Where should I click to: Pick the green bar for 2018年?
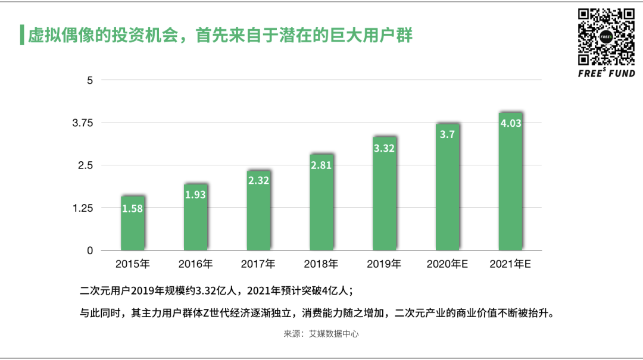tap(321, 208)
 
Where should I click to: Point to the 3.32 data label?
tap(385, 148)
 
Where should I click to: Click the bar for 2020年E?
tap(448, 190)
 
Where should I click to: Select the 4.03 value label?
tap(511, 124)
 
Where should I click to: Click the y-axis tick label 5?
tap(90, 80)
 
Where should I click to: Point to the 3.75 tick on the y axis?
tap(83, 123)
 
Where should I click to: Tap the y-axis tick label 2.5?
tap(87, 165)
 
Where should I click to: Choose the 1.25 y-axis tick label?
tap(83, 208)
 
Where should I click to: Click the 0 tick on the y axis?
tap(90, 251)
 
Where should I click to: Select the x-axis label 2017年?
tap(258, 264)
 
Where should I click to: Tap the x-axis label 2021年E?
tap(510, 264)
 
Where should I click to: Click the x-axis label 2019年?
tap(384, 264)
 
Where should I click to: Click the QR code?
tap(606, 36)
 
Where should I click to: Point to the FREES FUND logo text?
tap(606, 74)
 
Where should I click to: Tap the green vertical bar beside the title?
tap(22, 35)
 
